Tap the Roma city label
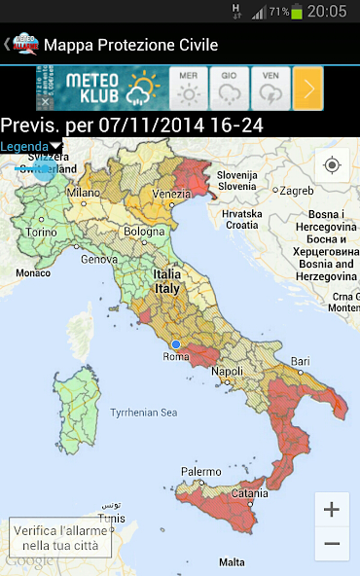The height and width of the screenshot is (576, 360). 175,357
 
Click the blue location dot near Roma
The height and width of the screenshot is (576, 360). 176,344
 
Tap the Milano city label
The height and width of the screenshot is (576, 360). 84,193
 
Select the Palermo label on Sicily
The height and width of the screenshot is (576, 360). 200,472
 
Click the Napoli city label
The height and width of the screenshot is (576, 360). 227,372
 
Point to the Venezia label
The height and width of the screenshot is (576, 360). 172,194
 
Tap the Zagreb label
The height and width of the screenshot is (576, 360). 296,191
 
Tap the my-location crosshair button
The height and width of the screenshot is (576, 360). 332,165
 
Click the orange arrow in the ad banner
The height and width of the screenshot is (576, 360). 307,89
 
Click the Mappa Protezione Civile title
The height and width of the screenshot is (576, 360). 130,45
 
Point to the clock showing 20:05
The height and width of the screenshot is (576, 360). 327,12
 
